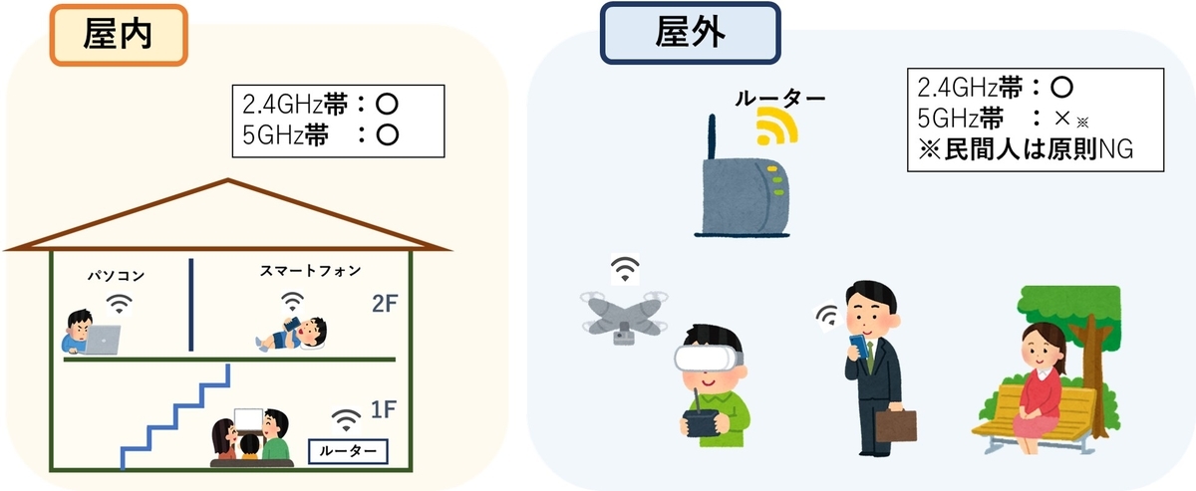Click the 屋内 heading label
click(x=119, y=35)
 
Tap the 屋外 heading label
click(x=690, y=33)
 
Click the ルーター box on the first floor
click(x=348, y=451)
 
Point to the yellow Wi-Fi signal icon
click(x=776, y=125)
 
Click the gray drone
click(x=624, y=317)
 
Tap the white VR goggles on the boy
click(x=708, y=359)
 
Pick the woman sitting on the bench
click(x=1038, y=387)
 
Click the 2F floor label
click(x=385, y=304)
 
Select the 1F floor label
click(x=384, y=410)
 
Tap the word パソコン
click(x=117, y=276)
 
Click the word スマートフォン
click(x=310, y=271)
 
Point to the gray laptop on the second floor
click(x=102, y=340)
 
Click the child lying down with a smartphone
click(x=291, y=334)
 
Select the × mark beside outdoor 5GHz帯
click(x=1062, y=118)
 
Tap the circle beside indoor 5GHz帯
click(x=387, y=135)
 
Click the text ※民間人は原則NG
click(x=1026, y=149)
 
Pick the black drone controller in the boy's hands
click(x=702, y=420)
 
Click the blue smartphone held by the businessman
click(x=859, y=346)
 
